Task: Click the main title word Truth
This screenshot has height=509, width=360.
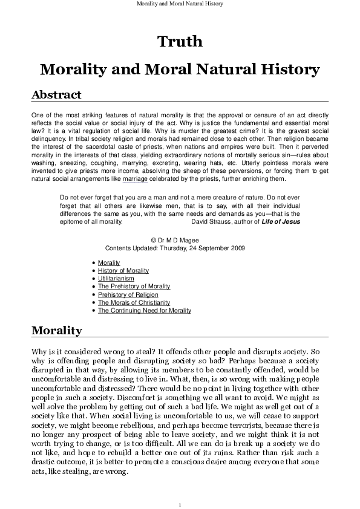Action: (x=180, y=42)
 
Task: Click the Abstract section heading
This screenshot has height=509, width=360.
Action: (x=56, y=95)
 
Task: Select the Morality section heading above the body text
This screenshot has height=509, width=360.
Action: (x=56, y=330)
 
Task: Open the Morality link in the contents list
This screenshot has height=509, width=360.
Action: (x=109, y=263)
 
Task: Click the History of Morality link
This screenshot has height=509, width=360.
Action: (x=123, y=271)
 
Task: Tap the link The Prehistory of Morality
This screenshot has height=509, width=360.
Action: (x=134, y=287)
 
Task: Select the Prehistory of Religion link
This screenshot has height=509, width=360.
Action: (x=128, y=294)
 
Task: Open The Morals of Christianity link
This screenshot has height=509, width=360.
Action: (x=134, y=302)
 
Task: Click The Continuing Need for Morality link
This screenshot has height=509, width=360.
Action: (x=145, y=310)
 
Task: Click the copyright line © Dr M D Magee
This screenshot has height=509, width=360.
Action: (x=180, y=240)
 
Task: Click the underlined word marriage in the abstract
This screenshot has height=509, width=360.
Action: (x=135, y=180)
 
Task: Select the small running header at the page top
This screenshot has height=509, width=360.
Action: (x=180, y=4)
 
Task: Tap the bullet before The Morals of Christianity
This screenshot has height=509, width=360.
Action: (x=91, y=302)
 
